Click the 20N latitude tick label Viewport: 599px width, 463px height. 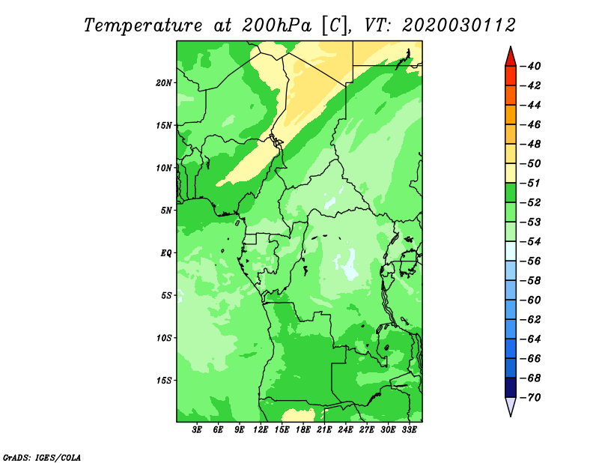[164, 83]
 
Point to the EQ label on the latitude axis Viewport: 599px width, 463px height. [166, 253]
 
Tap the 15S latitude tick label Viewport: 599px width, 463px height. [164, 381]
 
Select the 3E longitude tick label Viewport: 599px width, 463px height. [197, 429]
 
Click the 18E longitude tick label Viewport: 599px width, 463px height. [303, 429]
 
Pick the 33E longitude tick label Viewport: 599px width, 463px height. [409, 429]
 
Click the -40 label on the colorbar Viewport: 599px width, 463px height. [531, 66]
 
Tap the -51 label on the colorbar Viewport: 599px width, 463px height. [531, 183]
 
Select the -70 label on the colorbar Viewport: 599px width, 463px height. [531, 398]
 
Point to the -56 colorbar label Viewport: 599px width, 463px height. [531, 261]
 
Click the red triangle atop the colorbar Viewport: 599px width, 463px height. [511, 58]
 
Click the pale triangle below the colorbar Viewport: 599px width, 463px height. [511, 406]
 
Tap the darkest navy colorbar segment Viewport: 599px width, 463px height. [511, 387]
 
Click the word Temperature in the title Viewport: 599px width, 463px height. [143, 25]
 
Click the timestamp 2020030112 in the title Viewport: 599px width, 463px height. [458, 25]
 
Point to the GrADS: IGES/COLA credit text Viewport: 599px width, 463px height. [42, 458]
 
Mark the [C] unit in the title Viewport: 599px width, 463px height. [335, 25]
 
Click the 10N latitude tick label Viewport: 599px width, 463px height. [164, 168]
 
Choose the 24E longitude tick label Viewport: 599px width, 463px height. [345, 429]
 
